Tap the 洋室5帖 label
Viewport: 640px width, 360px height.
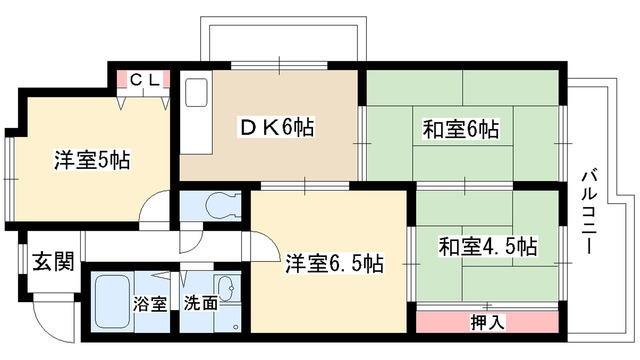coord(90,159)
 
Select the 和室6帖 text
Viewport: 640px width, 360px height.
coord(461,129)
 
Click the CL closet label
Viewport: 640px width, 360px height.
coord(143,79)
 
